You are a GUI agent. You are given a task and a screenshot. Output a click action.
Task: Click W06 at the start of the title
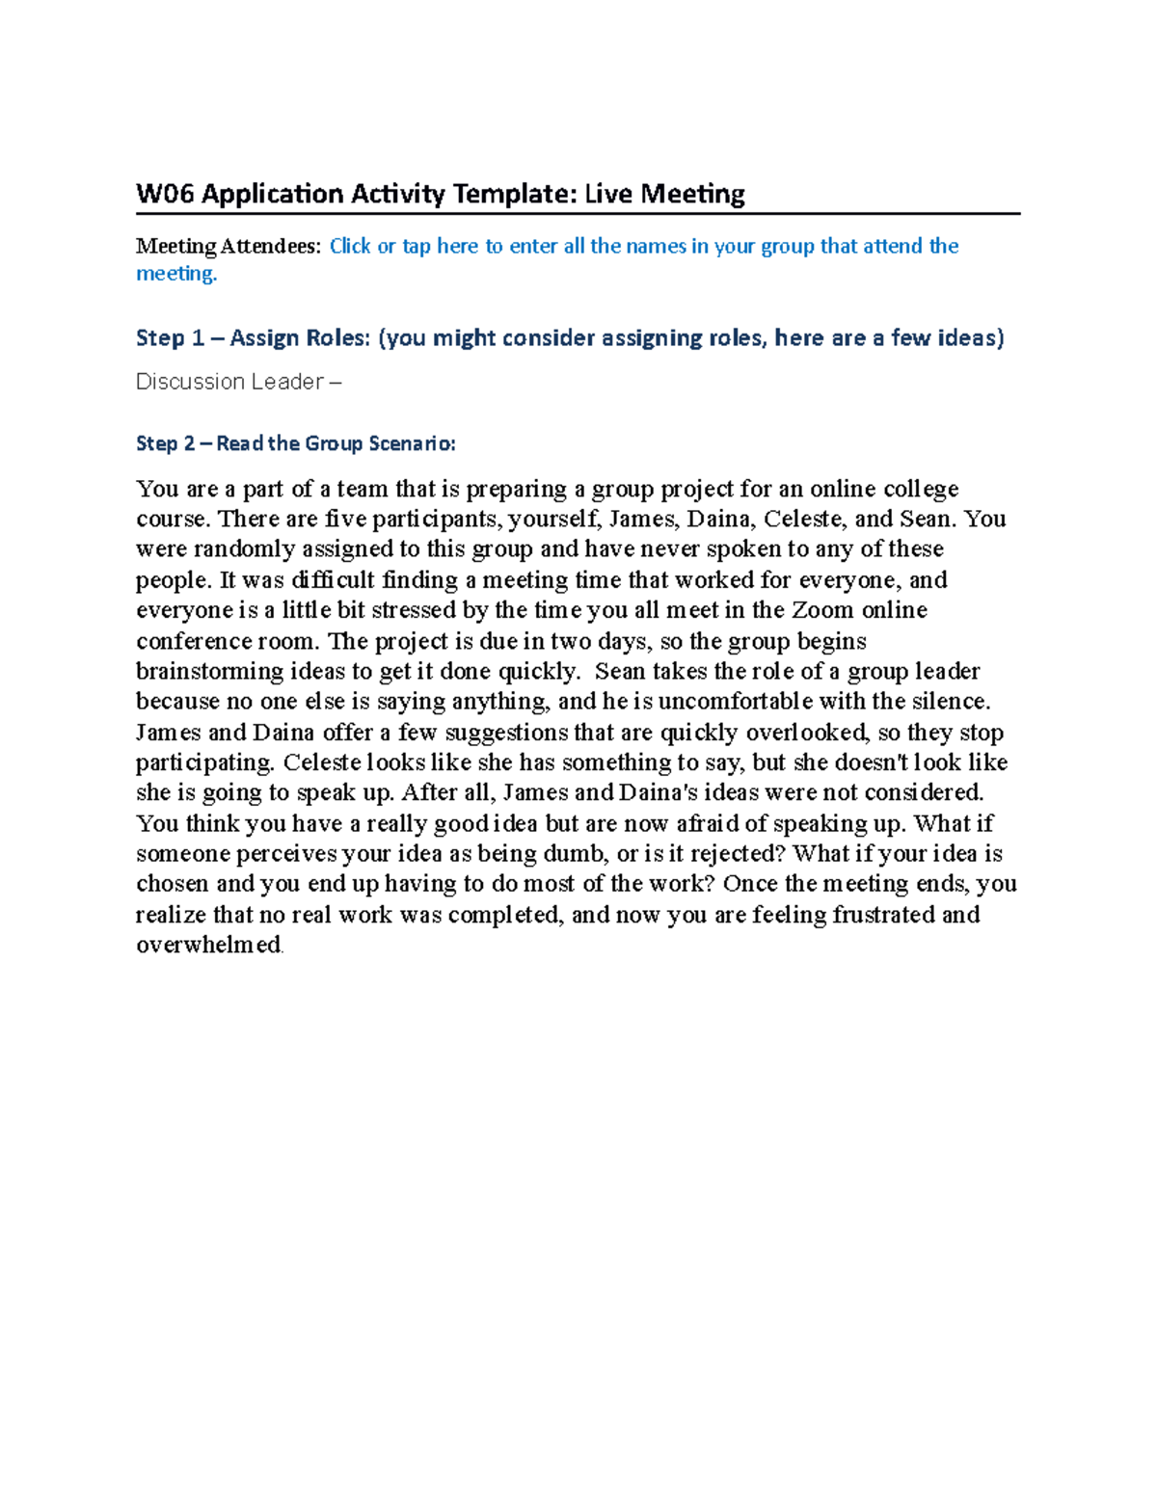165,194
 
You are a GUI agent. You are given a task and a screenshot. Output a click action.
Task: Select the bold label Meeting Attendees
227,246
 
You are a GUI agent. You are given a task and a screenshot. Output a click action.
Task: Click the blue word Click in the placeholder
350,246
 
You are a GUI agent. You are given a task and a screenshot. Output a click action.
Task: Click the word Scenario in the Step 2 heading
412,443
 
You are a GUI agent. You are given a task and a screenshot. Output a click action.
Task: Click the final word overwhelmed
208,945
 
